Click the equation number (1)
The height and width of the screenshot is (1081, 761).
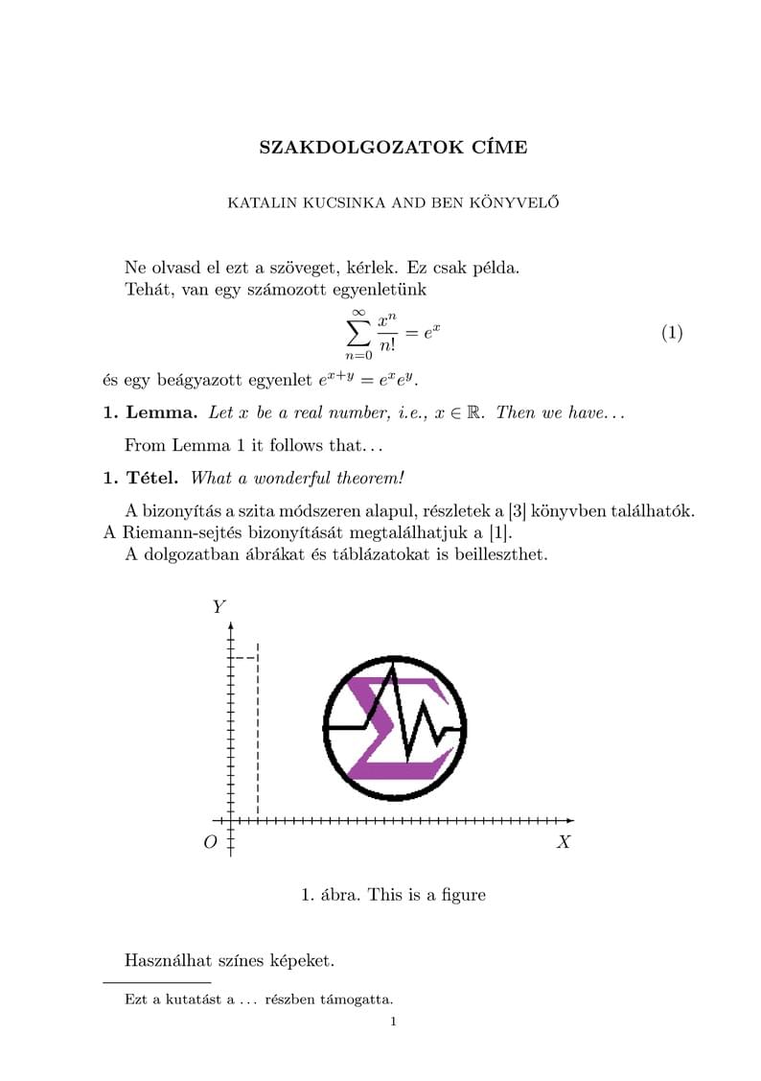[672, 333]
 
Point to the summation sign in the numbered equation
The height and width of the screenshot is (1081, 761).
[357, 333]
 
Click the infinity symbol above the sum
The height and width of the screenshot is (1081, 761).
[358, 311]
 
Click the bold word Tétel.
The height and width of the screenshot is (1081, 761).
[153, 477]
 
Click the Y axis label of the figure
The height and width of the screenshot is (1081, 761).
[219, 606]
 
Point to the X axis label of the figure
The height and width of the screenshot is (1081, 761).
[564, 841]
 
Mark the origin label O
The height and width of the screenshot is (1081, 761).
[210, 842]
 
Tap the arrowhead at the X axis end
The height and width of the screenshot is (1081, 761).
[570, 820]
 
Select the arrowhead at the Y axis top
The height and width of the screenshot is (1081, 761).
[231, 623]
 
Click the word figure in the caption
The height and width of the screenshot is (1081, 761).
[461, 895]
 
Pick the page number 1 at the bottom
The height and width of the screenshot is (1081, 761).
[393, 1022]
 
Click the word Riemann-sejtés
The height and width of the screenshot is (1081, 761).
[183, 532]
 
